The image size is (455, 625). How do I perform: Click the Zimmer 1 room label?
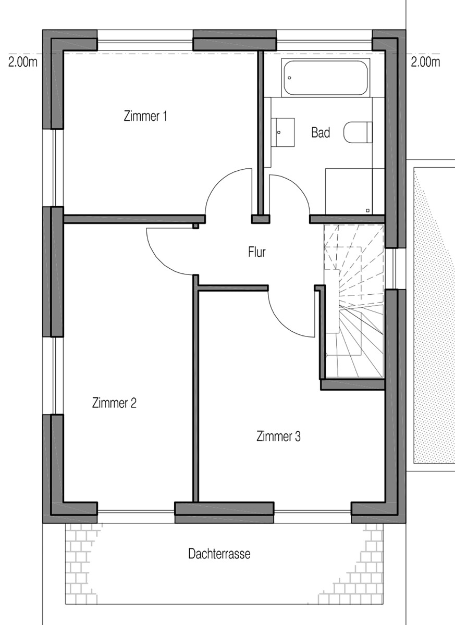pyautogui.click(x=145, y=116)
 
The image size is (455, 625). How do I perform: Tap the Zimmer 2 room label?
pyautogui.click(x=114, y=403)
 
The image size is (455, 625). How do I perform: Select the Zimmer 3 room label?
pyautogui.click(x=278, y=436)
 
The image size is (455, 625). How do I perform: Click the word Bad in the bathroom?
pyautogui.click(x=321, y=133)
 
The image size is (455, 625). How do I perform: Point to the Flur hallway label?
pyautogui.click(x=257, y=253)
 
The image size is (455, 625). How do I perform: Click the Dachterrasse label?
pyautogui.click(x=219, y=554)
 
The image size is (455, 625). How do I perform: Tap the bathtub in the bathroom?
pyautogui.click(x=325, y=78)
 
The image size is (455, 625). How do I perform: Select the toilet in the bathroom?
pyautogui.click(x=359, y=132)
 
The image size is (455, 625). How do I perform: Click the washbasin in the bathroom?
pyautogui.click(x=283, y=133)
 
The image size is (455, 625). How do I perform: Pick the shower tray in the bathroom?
pyautogui.click(x=355, y=191)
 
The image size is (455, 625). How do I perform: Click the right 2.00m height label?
pyautogui.click(x=425, y=63)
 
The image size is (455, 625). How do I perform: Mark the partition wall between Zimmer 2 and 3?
pyautogui.click(x=196, y=391)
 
